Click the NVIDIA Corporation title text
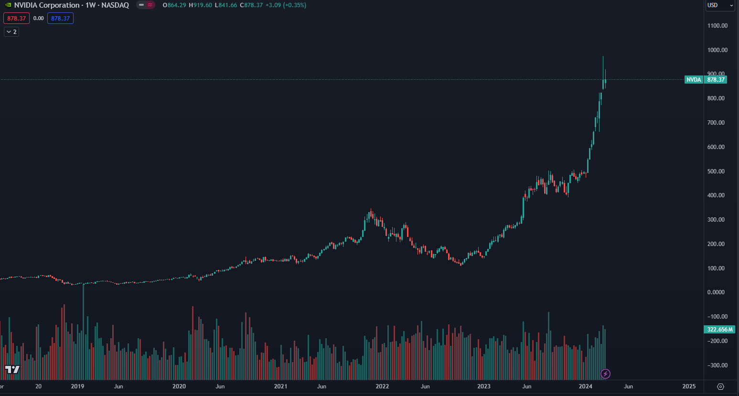tap(47, 5)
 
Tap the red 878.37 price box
tap(16, 19)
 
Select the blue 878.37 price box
tap(60, 19)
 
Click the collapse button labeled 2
tap(11, 32)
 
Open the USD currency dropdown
tap(720, 5)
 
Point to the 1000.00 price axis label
tap(717, 50)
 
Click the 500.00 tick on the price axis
tap(716, 171)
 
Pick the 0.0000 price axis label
tap(716, 292)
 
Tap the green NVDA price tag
tap(694, 80)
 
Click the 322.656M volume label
tap(719, 330)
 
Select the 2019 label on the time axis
tap(77, 386)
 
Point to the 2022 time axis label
tap(382, 386)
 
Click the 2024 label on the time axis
tap(585, 386)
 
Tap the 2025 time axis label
tap(689, 386)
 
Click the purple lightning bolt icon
tap(605, 374)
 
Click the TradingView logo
tap(12, 369)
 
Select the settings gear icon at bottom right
tap(721, 386)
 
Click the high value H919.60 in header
tap(200, 5)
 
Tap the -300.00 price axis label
tap(718, 365)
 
